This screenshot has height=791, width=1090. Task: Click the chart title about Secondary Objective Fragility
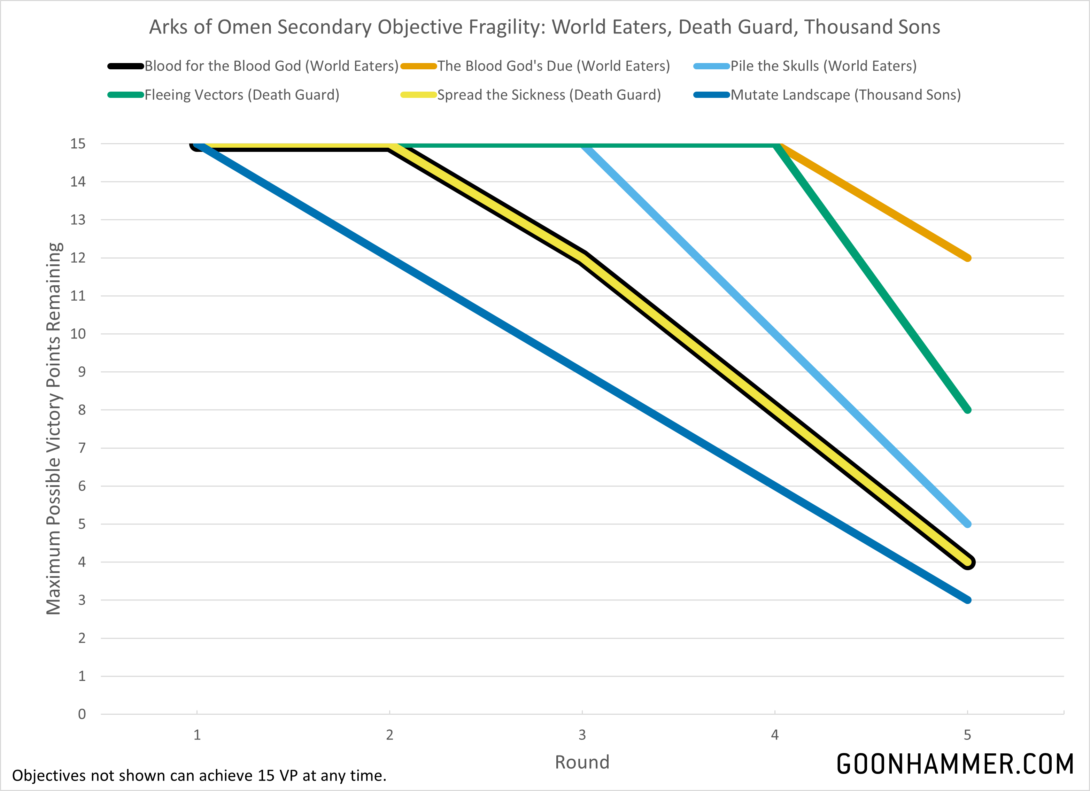coord(544,27)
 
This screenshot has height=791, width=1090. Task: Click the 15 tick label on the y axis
coord(78,144)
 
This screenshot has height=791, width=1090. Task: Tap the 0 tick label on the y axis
coord(82,714)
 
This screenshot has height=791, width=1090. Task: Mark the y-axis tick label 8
coord(82,410)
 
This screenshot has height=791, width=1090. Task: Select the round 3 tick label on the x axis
coord(582,735)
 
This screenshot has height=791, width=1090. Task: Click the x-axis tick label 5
coord(967,735)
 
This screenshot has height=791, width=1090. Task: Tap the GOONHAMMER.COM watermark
coord(955,764)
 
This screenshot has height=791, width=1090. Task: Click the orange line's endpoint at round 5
coord(967,258)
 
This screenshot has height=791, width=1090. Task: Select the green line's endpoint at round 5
coord(967,410)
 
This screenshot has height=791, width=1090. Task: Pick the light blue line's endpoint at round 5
coord(967,524)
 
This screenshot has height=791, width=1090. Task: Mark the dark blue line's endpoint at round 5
coord(967,600)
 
